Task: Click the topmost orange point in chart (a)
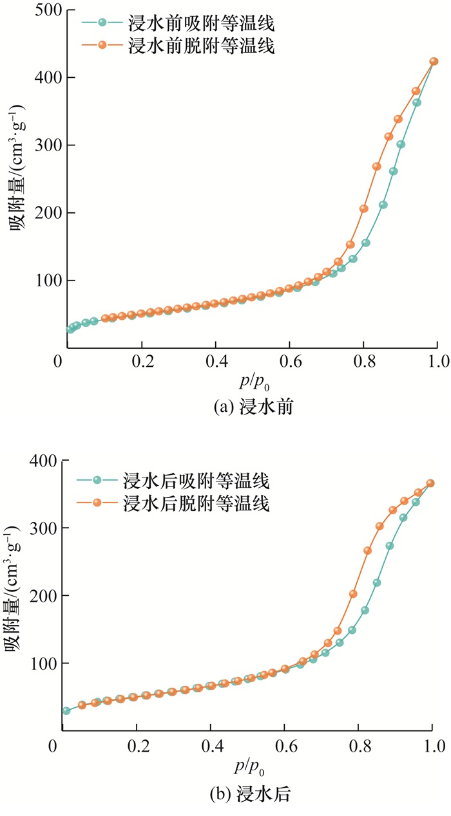click(434, 62)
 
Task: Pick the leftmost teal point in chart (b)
click(66, 710)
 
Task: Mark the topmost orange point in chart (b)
click(430, 483)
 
